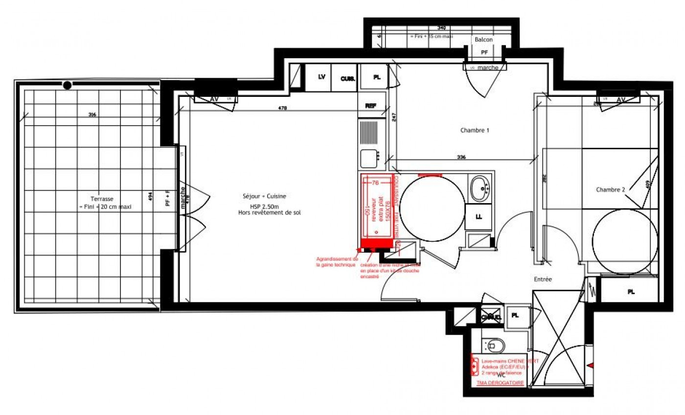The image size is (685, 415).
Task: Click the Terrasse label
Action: point(102,199)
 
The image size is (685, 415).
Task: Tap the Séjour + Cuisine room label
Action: point(264,196)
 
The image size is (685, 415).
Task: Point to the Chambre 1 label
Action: point(475,131)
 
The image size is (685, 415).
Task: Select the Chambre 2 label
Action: point(610,190)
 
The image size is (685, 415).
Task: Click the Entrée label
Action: point(543,279)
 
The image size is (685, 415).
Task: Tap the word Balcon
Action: point(484,40)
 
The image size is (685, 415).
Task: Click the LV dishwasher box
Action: point(321,77)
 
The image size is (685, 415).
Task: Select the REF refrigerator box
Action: point(371,106)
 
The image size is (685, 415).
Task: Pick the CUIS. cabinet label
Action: point(347,78)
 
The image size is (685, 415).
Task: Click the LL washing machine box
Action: point(479,217)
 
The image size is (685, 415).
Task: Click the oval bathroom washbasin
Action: point(480,187)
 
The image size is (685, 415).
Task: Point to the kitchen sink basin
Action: point(368,159)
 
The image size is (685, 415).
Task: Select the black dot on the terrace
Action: point(67,85)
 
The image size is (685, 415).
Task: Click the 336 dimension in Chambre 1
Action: point(461,158)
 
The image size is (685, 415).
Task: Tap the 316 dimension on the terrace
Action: point(91,115)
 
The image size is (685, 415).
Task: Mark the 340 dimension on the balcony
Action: point(441,28)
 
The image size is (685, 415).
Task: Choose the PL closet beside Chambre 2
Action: point(631,292)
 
